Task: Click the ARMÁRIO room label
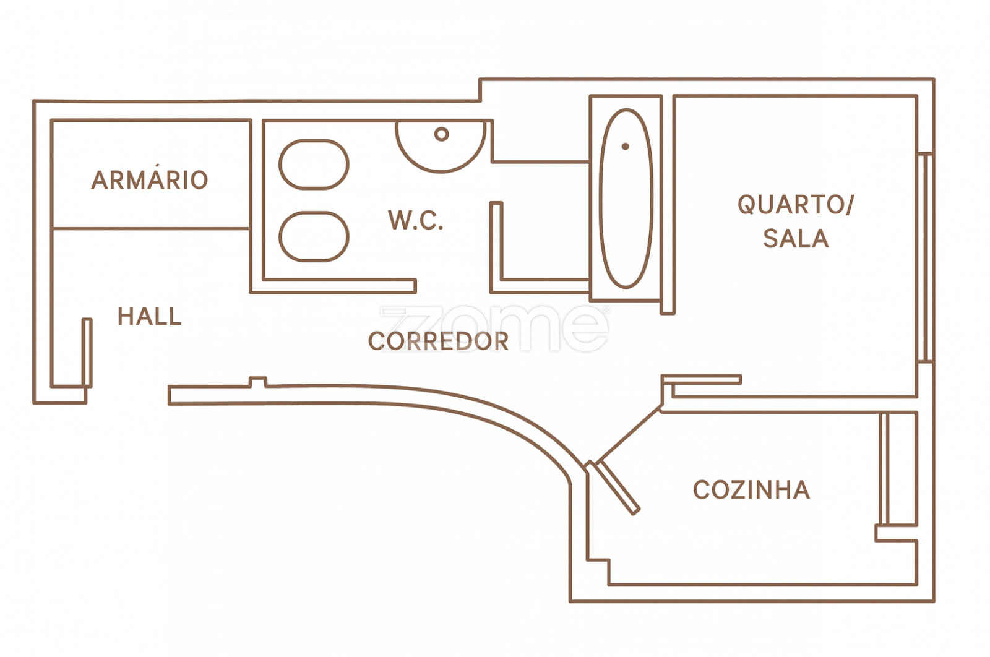pos(150,180)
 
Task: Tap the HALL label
pos(150,317)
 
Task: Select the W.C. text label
pos(416,221)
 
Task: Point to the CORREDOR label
pos(438,341)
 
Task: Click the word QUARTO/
pos(795,205)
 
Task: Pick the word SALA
pos(796,239)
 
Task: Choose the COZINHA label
pos(751,490)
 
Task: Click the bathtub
pos(626,199)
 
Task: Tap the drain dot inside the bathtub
pos(626,147)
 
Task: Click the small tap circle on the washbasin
pos(441,134)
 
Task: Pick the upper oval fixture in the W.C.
pos(314,165)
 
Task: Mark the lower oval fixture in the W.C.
pos(314,236)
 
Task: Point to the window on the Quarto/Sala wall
pos(925,257)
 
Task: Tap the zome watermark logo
pos(495,328)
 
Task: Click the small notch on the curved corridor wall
pos(257,382)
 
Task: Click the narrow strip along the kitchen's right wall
pos(884,468)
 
